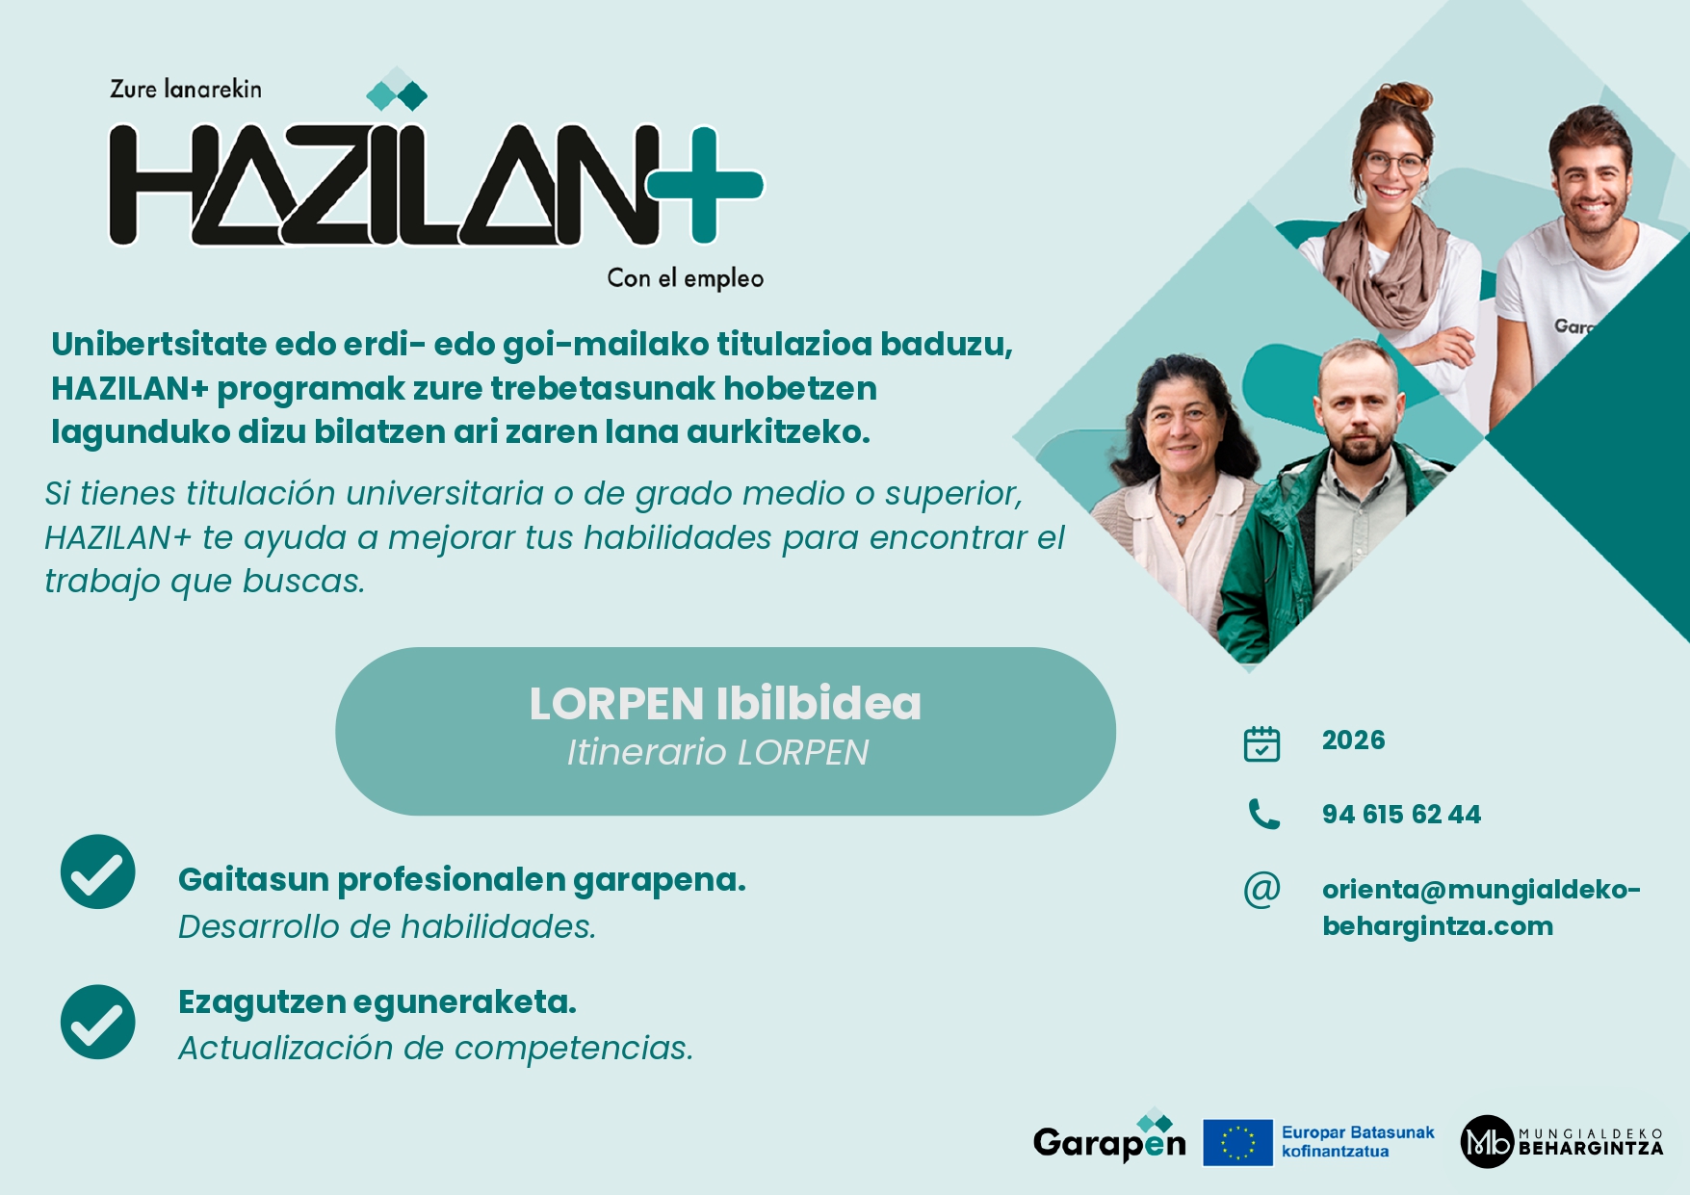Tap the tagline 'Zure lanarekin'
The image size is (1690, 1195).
186,90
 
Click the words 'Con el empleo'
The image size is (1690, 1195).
685,278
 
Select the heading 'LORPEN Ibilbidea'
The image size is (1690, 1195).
725,704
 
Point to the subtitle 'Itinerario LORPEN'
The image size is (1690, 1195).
717,752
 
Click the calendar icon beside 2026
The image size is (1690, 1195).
1261,743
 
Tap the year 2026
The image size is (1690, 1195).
1353,740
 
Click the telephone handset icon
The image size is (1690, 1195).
1263,815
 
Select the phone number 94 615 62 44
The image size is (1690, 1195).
1401,815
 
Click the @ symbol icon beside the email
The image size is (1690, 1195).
1261,890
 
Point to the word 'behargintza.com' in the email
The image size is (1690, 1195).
1438,926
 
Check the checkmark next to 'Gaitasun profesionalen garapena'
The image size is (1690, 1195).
98,871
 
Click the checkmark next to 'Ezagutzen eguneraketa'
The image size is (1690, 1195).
98,1022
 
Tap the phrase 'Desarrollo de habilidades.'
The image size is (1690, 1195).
387,926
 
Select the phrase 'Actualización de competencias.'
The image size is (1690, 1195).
435,1048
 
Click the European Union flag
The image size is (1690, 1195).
1237,1143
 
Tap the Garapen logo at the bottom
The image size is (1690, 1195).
1109,1138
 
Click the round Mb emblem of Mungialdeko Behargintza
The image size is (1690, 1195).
1487,1142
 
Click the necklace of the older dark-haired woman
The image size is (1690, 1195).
1184,507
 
